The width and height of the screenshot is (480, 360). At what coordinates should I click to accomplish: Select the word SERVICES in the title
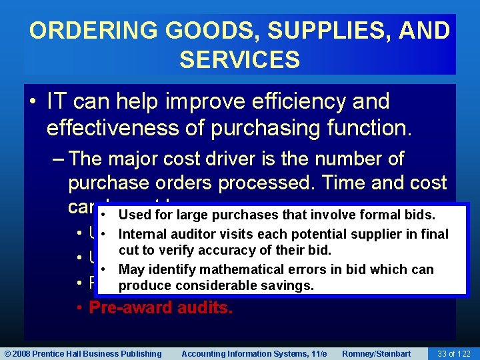pyautogui.click(x=239, y=60)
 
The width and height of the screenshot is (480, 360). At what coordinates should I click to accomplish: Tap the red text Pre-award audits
pyautogui.click(x=161, y=308)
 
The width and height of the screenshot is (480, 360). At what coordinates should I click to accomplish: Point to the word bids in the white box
pyautogui.click(x=419, y=215)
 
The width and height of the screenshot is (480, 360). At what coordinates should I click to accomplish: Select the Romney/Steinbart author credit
pyautogui.click(x=377, y=353)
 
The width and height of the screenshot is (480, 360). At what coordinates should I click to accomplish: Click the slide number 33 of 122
pyautogui.click(x=453, y=353)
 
